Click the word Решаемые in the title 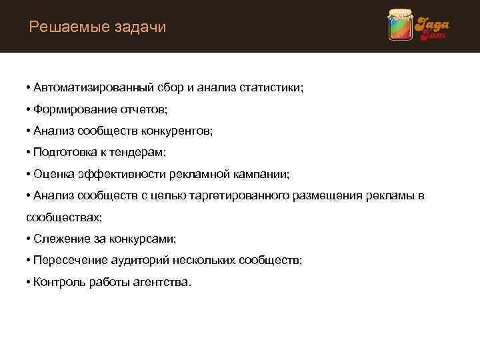(65, 27)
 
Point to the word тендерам (139, 153)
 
